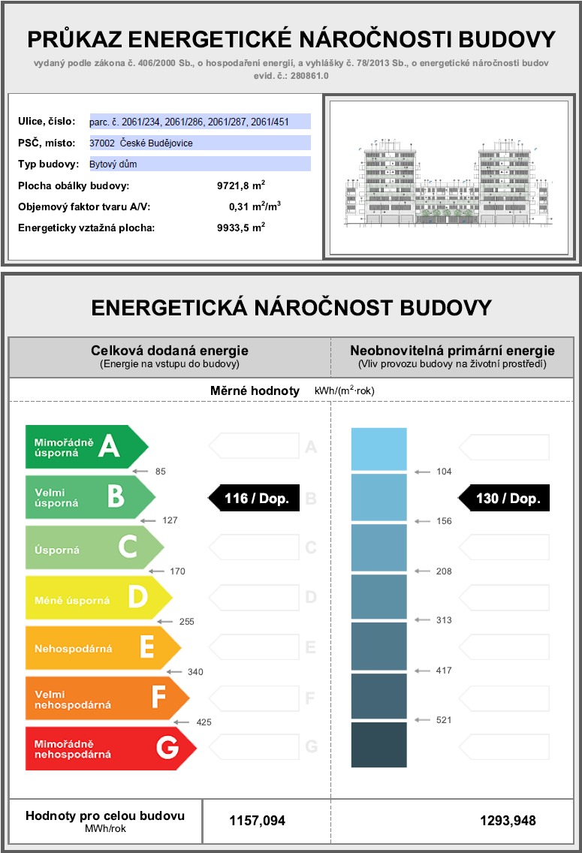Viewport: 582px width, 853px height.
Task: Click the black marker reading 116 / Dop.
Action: point(253,498)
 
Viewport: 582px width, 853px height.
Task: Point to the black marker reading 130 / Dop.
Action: point(504,498)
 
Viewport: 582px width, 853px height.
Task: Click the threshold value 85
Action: point(160,472)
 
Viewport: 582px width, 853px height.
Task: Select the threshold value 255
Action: point(187,622)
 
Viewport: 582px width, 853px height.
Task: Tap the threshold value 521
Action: point(444,720)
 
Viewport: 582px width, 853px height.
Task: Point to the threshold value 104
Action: point(444,472)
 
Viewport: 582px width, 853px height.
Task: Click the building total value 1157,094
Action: point(257,821)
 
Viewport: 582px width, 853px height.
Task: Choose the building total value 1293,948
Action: point(508,821)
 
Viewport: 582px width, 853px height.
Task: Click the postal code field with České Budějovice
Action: point(199,143)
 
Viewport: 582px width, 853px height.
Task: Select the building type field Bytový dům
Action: point(199,164)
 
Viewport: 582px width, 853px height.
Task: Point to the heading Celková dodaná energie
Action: point(170,351)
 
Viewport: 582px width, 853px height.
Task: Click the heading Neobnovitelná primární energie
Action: point(453,351)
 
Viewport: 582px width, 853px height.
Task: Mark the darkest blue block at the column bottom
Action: point(378,745)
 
